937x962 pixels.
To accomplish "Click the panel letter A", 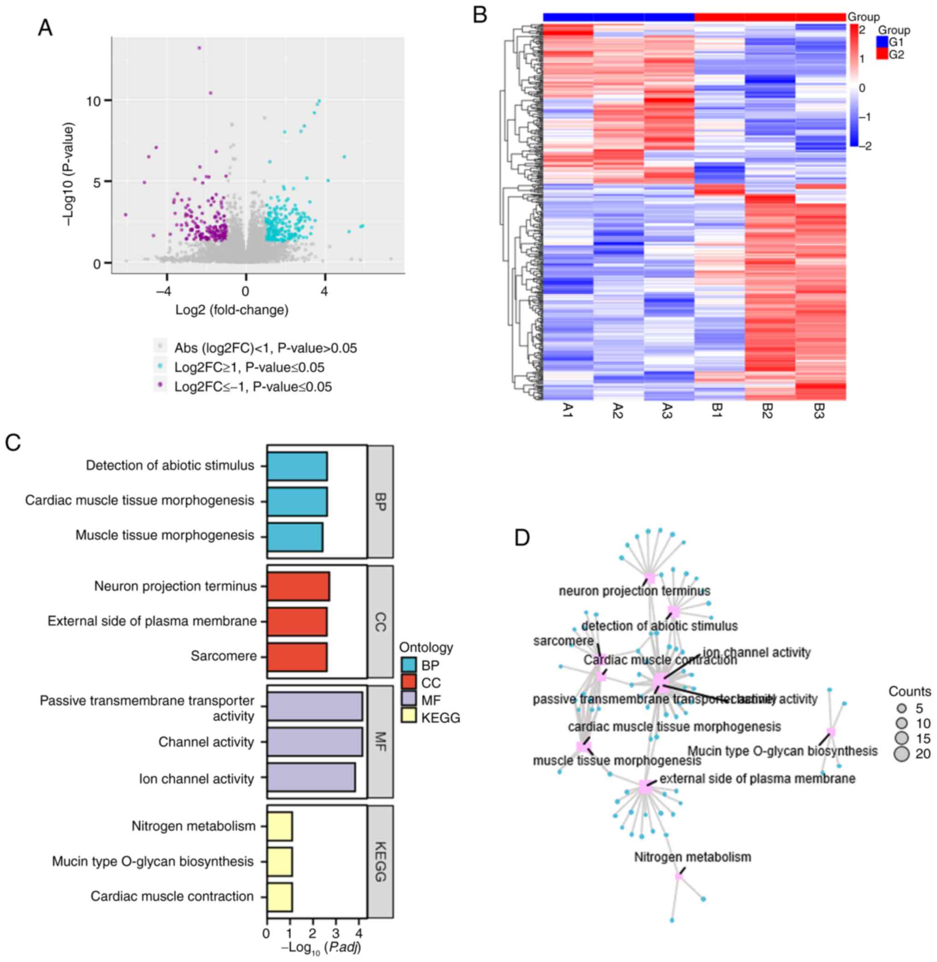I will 45,28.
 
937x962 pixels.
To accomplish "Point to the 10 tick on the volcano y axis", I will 93,101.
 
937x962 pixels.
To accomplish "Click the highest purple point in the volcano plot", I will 199,48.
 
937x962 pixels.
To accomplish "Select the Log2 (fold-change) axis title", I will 232,310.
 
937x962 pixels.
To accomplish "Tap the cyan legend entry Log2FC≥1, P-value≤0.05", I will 249,367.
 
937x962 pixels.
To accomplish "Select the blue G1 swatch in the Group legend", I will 883,42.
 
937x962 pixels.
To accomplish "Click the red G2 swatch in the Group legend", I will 883,54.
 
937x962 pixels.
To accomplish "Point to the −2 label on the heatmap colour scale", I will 864,146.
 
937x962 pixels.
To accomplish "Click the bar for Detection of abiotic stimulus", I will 297,466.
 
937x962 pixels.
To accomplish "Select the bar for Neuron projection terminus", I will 298,586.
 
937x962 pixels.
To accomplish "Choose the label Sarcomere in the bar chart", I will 224,656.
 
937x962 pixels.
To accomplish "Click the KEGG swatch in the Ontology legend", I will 409,718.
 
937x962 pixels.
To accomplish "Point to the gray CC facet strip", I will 380,621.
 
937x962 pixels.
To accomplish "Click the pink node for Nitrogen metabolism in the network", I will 679,876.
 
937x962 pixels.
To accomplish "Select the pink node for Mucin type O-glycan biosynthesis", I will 830,732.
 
